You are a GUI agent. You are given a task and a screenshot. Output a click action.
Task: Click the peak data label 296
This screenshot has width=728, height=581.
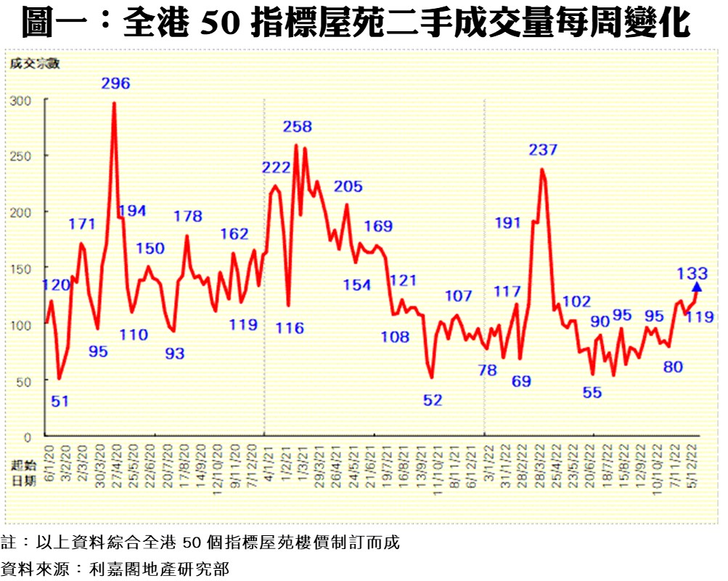click(x=115, y=84)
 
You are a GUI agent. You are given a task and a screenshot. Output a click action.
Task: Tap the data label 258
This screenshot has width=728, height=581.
click(x=297, y=127)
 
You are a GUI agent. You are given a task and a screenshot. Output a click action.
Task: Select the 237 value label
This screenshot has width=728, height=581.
click(x=543, y=150)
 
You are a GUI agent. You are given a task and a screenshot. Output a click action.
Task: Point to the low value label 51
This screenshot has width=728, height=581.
click(x=60, y=399)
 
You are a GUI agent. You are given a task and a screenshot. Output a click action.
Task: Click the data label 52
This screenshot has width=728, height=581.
click(x=433, y=399)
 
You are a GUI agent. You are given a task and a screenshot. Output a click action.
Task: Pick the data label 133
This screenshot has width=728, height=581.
click(x=692, y=273)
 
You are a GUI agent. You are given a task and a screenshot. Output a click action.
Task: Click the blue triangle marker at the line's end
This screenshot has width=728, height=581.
click(x=697, y=288)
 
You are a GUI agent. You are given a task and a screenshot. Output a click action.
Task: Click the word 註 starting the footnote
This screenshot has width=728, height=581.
click(x=8, y=543)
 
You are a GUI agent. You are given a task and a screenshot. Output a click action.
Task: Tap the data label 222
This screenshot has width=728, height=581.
click(x=277, y=168)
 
